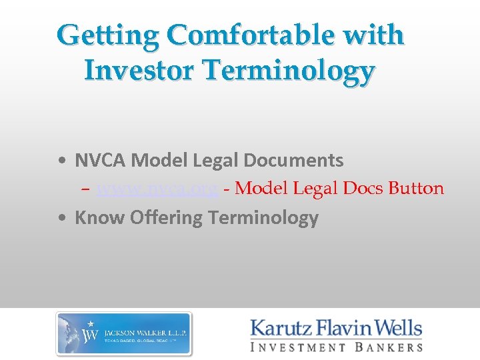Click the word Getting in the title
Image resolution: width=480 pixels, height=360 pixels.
tap(107, 35)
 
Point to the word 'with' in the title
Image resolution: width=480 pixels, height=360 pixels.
tap(377, 35)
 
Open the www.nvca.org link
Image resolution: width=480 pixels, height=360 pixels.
tap(157, 189)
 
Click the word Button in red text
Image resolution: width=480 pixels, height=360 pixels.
tap(415, 189)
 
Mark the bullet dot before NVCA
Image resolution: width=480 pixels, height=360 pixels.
tap(61, 161)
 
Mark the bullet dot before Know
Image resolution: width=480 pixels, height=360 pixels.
tap(61, 218)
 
